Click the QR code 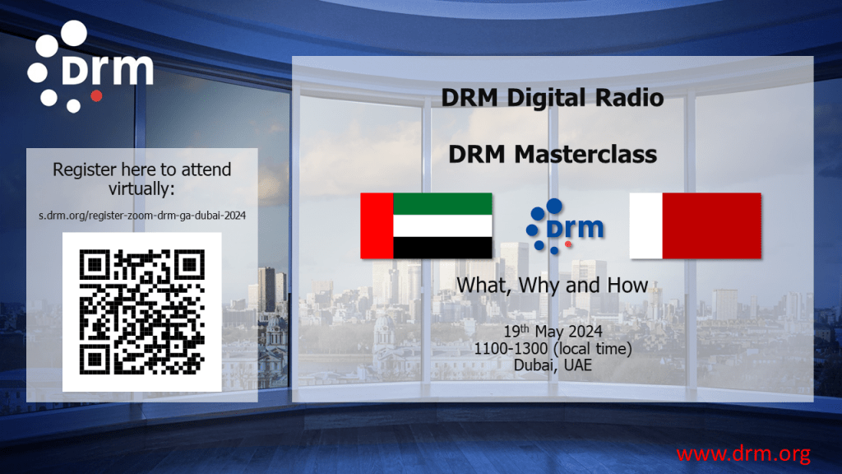pyautogui.click(x=141, y=311)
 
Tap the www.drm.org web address pyautogui.click(x=743, y=453)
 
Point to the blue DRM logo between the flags pyautogui.click(x=567, y=225)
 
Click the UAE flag pyautogui.click(x=426, y=225)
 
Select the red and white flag pyautogui.click(x=695, y=225)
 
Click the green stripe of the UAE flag pyautogui.click(x=442, y=203)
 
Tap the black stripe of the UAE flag pyautogui.click(x=442, y=248)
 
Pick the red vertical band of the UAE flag pyautogui.click(x=377, y=225)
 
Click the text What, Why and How pyautogui.click(x=552, y=286)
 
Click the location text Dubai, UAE pyautogui.click(x=553, y=365)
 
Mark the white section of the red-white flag pyautogui.click(x=645, y=225)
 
